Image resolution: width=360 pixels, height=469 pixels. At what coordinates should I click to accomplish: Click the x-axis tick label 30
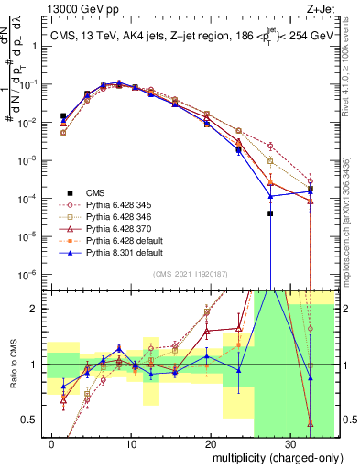coord(290,443)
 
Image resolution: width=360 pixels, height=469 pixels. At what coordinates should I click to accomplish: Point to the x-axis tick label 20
coord(211,443)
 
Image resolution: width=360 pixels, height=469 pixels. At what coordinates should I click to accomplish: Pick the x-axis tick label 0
coord(51,443)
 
